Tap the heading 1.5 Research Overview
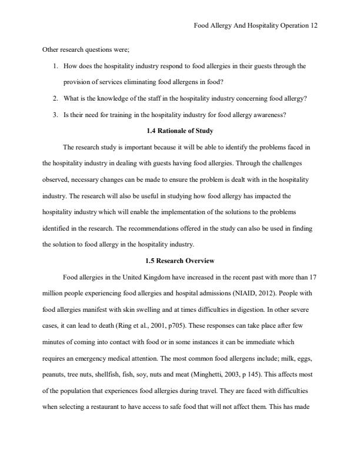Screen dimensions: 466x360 [x=179, y=261]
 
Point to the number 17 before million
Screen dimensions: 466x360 [x=313, y=277]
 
